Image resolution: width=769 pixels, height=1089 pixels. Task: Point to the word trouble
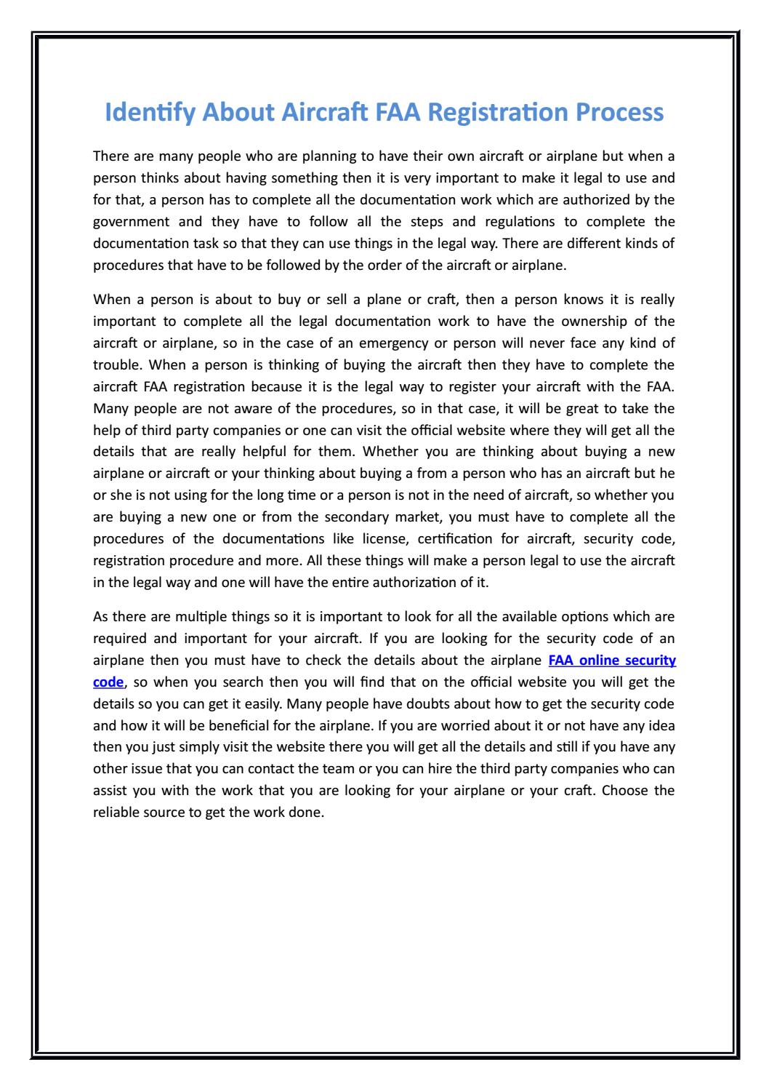115,364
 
